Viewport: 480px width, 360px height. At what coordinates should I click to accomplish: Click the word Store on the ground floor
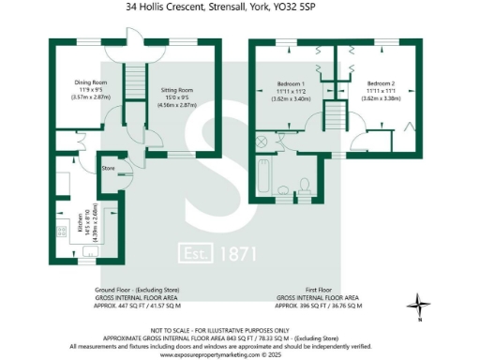[x=108, y=168]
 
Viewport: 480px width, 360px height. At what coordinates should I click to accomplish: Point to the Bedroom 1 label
[x=290, y=82]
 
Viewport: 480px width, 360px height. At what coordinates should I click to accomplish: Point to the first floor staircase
[x=336, y=117]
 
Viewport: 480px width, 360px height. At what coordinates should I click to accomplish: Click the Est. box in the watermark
[x=198, y=253]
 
